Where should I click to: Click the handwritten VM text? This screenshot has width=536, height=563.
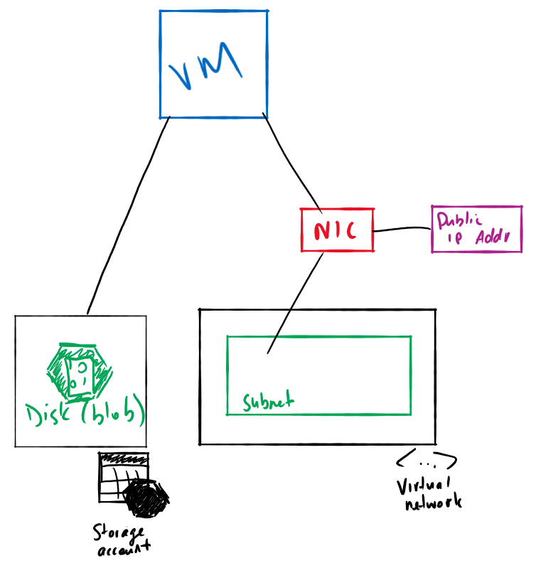206,69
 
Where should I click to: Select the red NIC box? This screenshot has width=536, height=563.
338,230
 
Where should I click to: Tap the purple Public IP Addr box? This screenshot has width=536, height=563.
476,229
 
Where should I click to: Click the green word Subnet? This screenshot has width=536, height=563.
267,402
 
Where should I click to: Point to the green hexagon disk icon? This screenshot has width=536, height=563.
79,370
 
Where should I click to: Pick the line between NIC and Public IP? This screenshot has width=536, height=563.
402,229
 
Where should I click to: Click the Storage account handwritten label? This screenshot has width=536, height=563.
122,540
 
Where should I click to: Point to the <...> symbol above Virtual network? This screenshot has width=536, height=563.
425,461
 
